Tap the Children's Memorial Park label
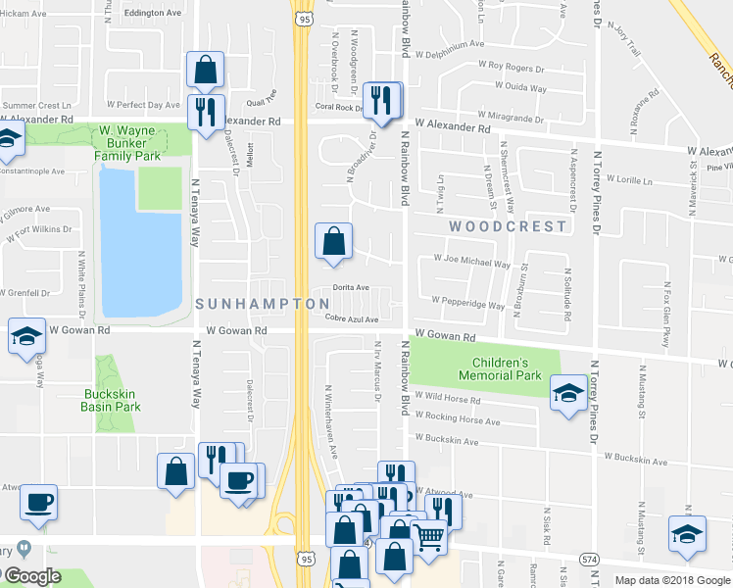(x=500, y=368)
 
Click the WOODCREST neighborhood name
(x=508, y=226)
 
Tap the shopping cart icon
(x=427, y=535)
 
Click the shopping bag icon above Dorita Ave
(x=333, y=240)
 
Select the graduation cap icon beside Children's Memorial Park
(x=566, y=392)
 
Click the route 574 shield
(x=589, y=559)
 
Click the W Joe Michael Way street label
(x=472, y=263)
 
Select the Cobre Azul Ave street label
(x=352, y=318)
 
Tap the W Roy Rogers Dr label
(x=510, y=67)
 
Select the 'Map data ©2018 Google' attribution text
(x=671, y=580)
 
